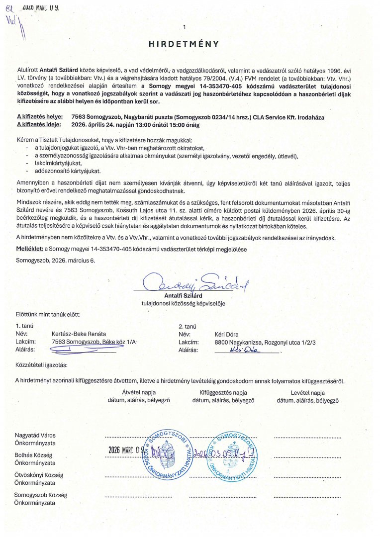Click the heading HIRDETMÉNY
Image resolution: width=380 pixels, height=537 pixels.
[x=184, y=44]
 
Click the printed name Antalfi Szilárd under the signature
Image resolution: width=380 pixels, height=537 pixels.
[x=184, y=295]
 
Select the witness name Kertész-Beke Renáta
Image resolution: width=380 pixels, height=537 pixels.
[x=79, y=334]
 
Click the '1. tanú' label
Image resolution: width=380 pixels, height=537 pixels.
[x=24, y=326]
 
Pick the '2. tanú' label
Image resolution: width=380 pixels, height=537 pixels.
[x=188, y=326]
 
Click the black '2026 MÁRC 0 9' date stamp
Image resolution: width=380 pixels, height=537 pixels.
[x=126, y=450]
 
